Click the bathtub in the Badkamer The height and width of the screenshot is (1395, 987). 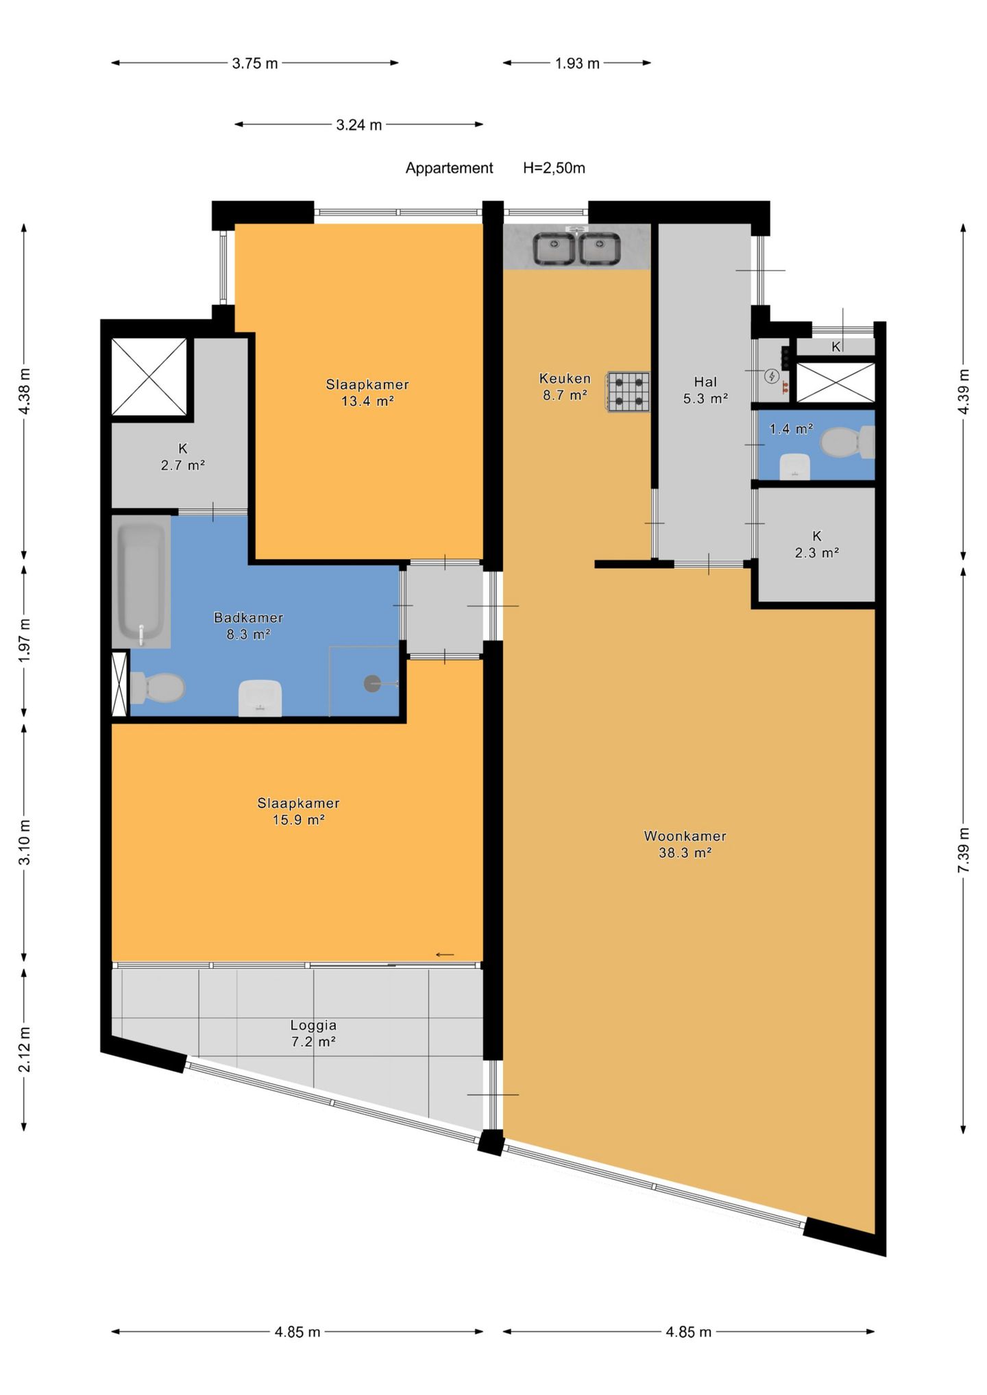pyautogui.click(x=142, y=582)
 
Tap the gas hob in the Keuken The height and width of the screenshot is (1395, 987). pyautogui.click(x=628, y=392)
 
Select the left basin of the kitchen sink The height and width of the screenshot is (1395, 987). pyautogui.click(x=555, y=249)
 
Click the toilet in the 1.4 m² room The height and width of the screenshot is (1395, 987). pyautogui.click(x=846, y=443)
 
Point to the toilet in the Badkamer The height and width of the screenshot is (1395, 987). pyautogui.click(x=158, y=687)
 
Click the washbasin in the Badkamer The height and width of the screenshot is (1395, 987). pyautogui.click(x=260, y=698)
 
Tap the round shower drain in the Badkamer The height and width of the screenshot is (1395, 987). pyautogui.click(x=372, y=683)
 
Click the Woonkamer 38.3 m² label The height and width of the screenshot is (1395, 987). pyautogui.click(x=685, y=844)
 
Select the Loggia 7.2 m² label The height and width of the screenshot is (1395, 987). pyautogui.click(x=313, y=1033)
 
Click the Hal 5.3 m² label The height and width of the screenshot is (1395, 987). pyautogui.click(x=705, y=390)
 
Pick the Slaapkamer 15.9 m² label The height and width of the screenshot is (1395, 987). pyautogui.click(x=298, y=811)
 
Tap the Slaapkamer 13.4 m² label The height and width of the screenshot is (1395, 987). pyautogui.click(x=367, y=393)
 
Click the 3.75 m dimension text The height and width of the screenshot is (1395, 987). pyautogui.click(x=255, y=64)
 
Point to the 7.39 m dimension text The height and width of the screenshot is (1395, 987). pyautogui.click(x=964, y=850)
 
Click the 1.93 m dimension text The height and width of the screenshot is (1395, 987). pyautogui.click(x=577, y=64)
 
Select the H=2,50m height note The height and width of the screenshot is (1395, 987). pyautogui.click(x=554, y=168)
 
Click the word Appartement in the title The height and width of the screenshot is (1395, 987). pyautogui.click(x=449, y=169)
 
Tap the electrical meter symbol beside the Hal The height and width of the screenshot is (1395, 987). pyautogui.click(x=772, y=375)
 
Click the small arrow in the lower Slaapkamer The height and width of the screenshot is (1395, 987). pyautogui.click(x=445, y=954)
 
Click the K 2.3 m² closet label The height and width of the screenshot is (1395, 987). pyautogui.click(x=816, y=545)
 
